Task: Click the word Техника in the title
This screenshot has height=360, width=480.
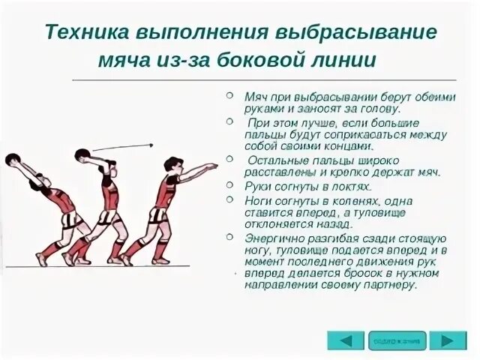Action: click(85, 33)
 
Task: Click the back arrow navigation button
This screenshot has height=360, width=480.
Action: click(345, 340)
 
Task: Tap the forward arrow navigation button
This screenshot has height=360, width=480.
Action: click(448, 340)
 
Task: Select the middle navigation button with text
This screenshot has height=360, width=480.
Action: click(397, 340)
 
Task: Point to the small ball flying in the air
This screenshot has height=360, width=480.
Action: click(151, 144)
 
